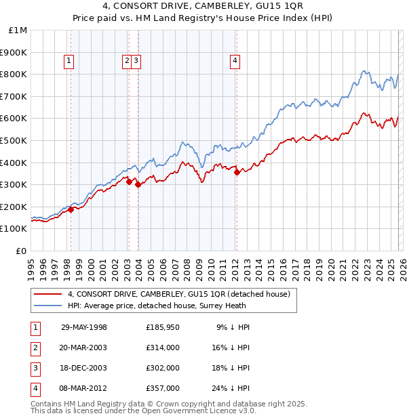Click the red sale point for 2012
[237, 172]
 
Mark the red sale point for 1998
[71, 210]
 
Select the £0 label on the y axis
[22, 251]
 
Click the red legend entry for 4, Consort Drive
[179, 294]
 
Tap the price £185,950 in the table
[162, 327]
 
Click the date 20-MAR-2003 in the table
[84, 348]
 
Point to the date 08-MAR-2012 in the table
[84, 388]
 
